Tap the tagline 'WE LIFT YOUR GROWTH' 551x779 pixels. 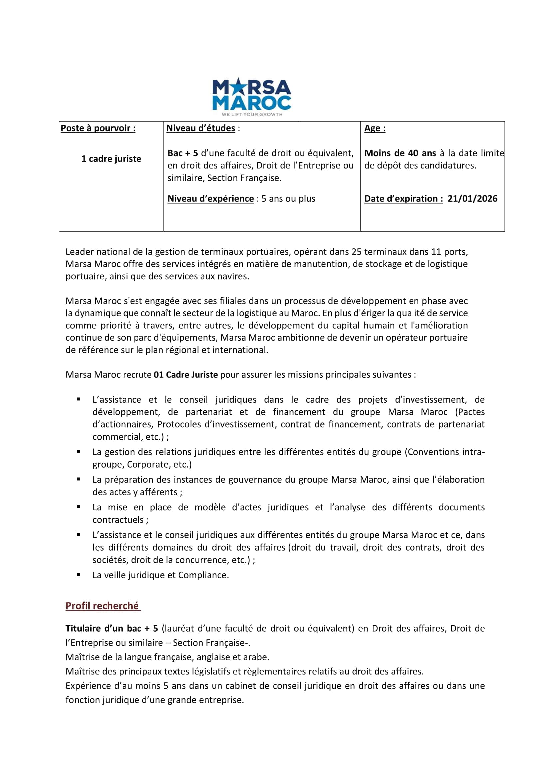point(252,114)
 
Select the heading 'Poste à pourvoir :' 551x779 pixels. point(98,128)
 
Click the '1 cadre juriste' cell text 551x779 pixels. point(111,159)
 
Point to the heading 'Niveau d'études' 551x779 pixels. point(200,128)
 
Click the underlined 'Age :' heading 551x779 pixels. point(374,128)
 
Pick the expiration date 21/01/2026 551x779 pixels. point(472,199)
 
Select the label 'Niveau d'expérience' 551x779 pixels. point(210,199)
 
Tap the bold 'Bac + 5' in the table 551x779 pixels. point(182,153)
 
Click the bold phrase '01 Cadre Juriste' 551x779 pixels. point(185,375)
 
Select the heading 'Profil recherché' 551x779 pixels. point(102,606)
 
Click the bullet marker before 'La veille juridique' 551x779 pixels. point(78,575)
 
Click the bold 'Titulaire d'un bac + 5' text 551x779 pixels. point(112,629)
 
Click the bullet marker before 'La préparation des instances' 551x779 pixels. point(78,479)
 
